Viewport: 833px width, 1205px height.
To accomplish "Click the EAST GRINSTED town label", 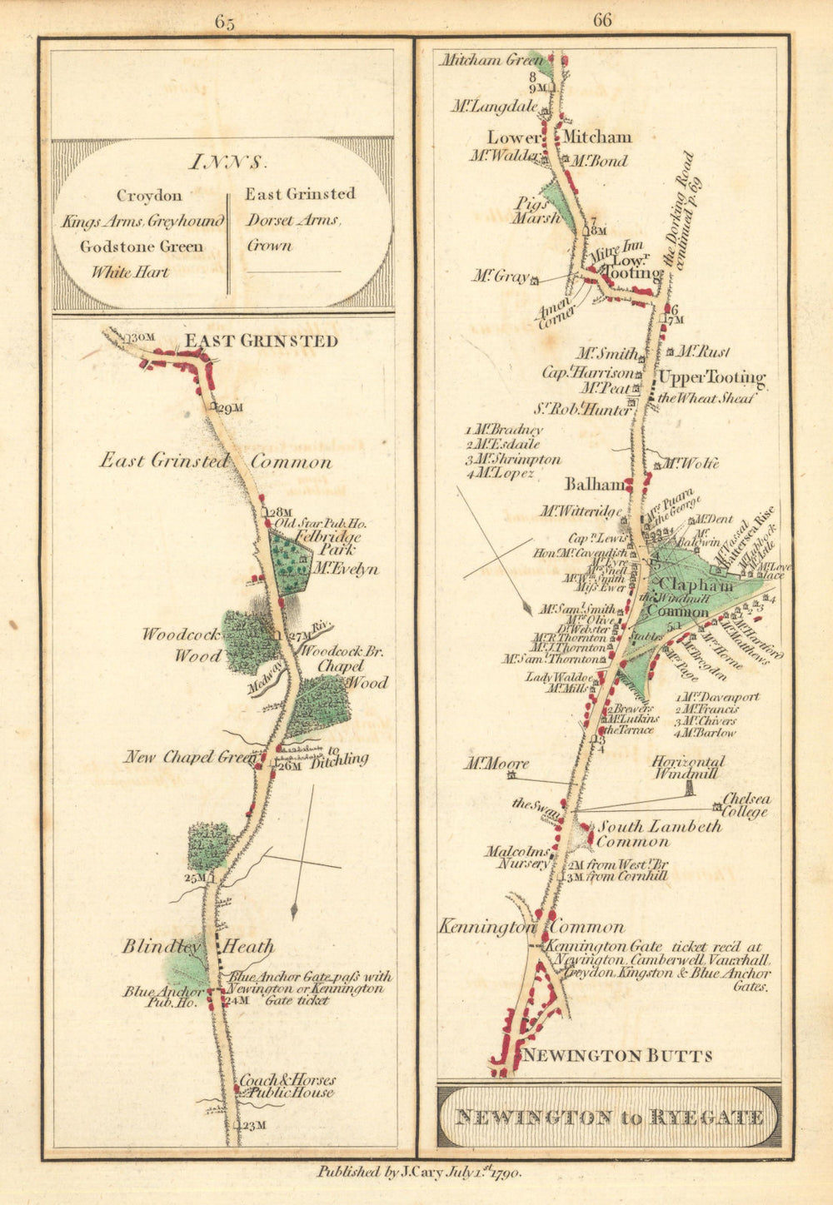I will click(x=261, y=341).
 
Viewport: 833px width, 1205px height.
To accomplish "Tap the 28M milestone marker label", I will click(x=280, y=513).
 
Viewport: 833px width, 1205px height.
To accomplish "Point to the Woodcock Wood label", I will click(x=182, y=645).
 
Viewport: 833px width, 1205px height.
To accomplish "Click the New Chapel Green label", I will click(x=189, y=758).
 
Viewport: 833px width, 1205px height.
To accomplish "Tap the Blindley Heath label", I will click(x=197, y=947).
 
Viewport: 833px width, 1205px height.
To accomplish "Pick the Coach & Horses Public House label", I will click(x=286, y=1086).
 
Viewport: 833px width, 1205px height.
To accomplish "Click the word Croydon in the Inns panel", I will click(x=149, y=197).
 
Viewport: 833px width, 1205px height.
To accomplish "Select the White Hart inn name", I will click(x=130, y=272).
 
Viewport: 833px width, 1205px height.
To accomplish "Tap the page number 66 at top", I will click(x=602, y=21).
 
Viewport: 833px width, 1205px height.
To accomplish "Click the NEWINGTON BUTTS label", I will click(x=616, y=1056).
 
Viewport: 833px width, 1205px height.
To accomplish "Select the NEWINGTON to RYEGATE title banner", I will click(x=609, y=1117).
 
